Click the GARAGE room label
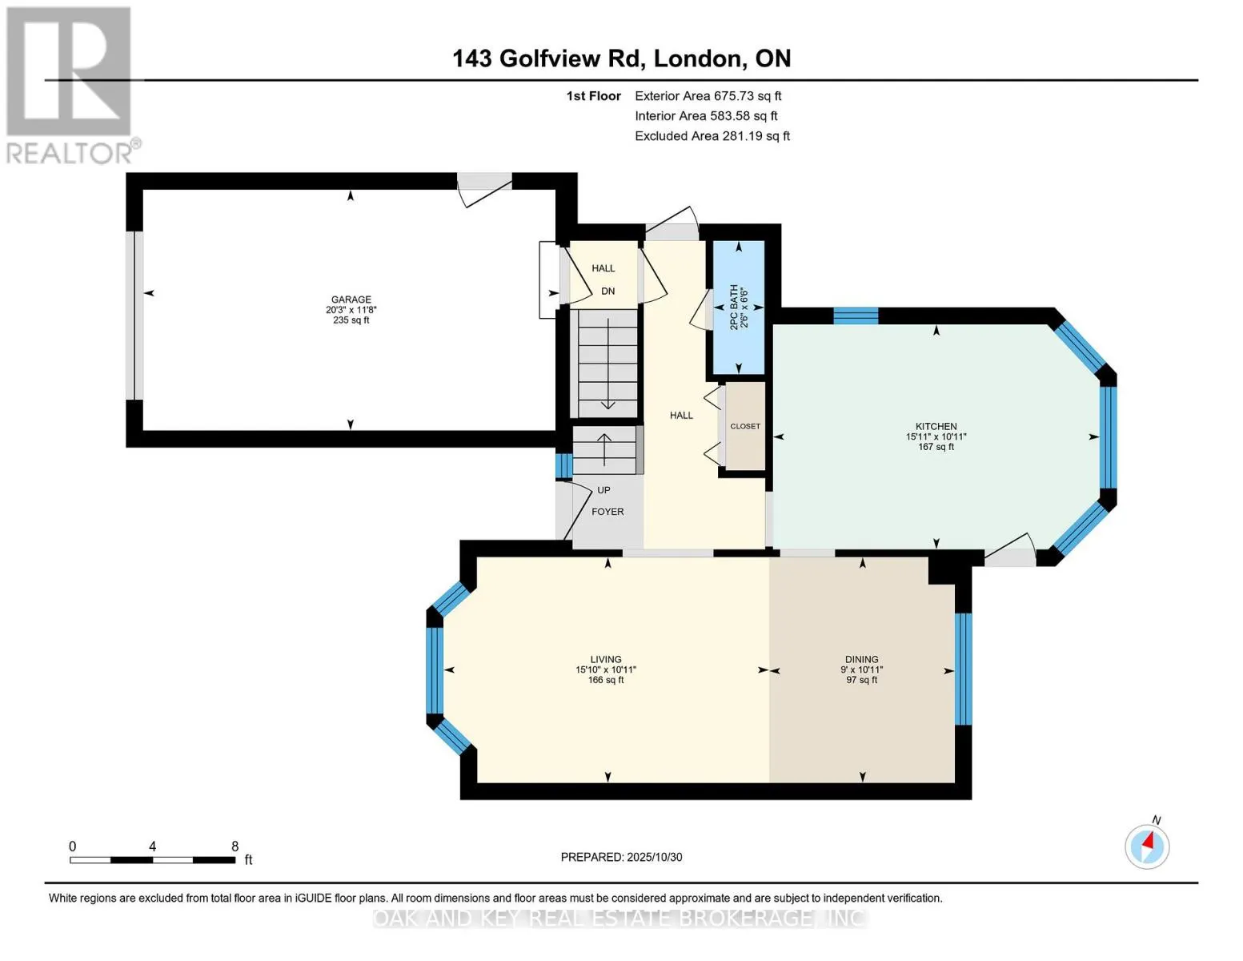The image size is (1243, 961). (351, 300)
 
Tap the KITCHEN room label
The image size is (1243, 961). (936, 427)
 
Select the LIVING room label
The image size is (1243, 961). (606, 660)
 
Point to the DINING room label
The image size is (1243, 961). (861, 660)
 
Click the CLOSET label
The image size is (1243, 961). (745, 427)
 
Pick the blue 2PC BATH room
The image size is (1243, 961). (738, 308)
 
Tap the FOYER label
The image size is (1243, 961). (607, 512)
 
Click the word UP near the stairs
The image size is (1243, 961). (603, 490)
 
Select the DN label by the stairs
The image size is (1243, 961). (608, 292)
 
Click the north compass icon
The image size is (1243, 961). (1147, 846)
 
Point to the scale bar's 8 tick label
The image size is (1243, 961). (235, 846)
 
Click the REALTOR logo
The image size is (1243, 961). (70, 85)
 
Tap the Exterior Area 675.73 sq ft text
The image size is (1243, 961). (708, 96)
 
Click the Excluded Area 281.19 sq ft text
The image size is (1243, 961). (712, 136)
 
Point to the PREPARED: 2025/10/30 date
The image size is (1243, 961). (621, 857)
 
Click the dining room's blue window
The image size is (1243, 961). (963, 669)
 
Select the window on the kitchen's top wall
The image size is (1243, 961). (856, 316)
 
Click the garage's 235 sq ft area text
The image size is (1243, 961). (351, 320)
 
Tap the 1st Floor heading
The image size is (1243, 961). (593, 96)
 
